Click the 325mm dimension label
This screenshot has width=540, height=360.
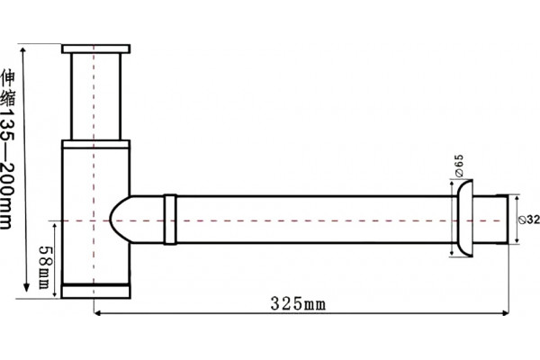tap(298, 304)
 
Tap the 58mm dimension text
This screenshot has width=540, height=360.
tap(45, 267)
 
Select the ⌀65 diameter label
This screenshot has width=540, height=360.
tap(459, 166)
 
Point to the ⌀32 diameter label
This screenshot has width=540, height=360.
tap(529, 220)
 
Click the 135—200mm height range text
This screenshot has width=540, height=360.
tap(7, 169)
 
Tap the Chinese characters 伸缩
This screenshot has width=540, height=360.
tap(7, 87)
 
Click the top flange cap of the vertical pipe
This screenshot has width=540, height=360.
tap(96, 49)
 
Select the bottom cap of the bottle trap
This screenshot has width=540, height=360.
tap(95, 291)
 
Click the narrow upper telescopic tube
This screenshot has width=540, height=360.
tap(96, 97)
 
